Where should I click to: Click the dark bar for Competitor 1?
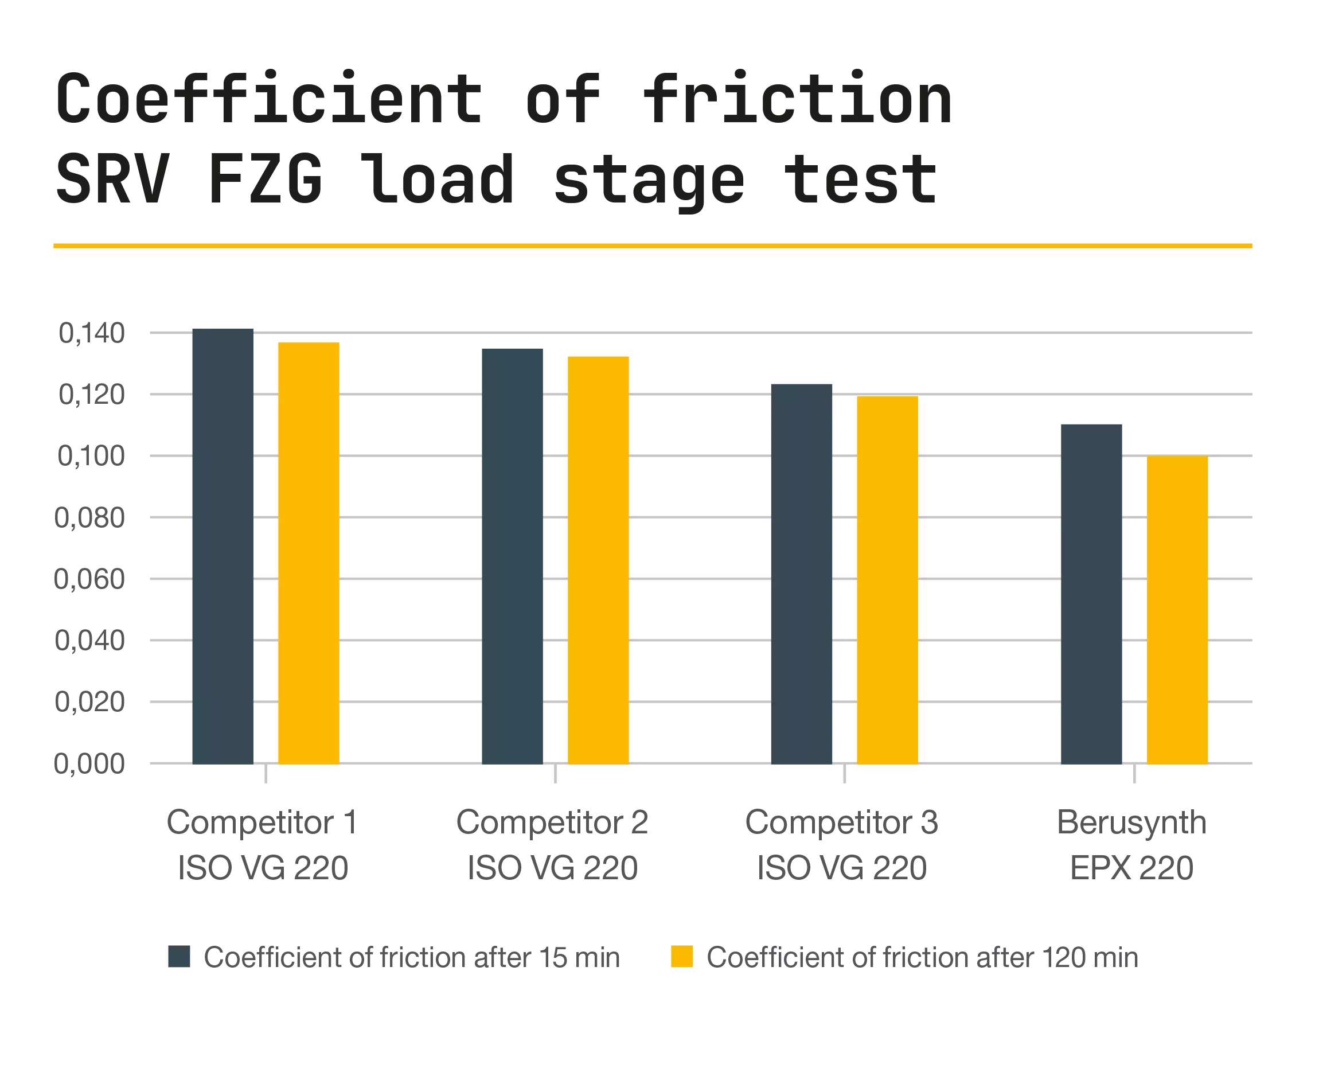click(222, 545)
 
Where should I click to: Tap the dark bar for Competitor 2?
click(513, 555)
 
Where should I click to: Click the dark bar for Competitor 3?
click(803, 574)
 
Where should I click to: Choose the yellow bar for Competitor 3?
click(887, 580)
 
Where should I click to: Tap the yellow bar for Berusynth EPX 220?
click(1178, 610)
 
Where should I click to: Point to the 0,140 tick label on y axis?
click(93, 333)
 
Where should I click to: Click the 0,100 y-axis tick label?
click(91, 456)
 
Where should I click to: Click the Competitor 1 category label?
click(262, 823)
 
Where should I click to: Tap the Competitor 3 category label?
click(841, 823)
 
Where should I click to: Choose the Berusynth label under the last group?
click(1131, 823)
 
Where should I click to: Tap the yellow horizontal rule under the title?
click(651, 247)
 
